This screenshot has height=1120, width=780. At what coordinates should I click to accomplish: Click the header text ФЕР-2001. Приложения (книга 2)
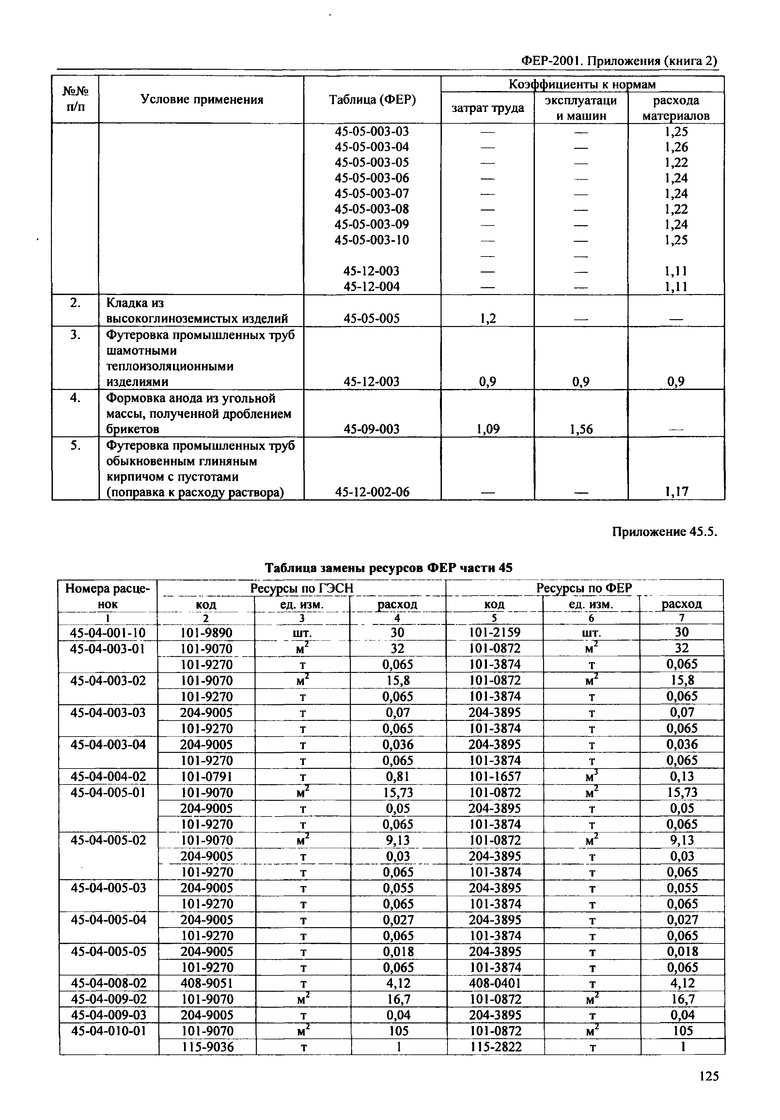pos(619,61)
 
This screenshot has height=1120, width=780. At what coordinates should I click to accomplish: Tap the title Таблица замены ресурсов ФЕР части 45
pos(388,568)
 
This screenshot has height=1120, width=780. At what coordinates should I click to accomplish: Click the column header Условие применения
pos(201,100)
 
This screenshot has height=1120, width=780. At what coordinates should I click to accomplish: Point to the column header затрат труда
pos(487,108)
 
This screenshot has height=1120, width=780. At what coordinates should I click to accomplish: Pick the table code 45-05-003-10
pos(372,240)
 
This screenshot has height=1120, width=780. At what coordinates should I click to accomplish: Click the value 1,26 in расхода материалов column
pos(676,147)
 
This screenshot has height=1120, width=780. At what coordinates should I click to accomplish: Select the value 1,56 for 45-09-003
pos(581,429)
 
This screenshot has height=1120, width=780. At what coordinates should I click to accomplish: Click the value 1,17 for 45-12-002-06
pos(676,492)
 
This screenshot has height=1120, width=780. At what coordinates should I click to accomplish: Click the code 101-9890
pos(206,633)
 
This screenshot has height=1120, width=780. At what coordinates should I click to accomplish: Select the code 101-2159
pos(495,633)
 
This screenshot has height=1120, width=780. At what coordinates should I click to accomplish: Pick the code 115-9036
pos(207,1047)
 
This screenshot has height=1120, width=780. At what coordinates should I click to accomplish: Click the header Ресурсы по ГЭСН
pos(302,589)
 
